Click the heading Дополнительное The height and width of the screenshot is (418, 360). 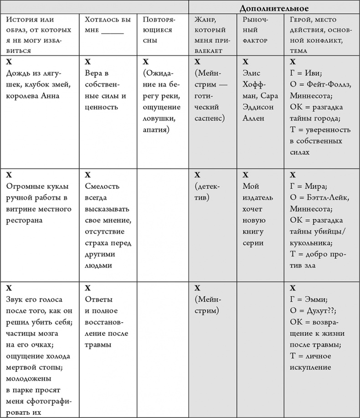tap(274, 8)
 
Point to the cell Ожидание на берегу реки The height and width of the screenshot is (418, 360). tap(161, 101)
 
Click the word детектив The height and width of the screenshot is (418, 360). tap(209, 192)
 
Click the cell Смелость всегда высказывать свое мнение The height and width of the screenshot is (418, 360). tap(108, 226)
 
